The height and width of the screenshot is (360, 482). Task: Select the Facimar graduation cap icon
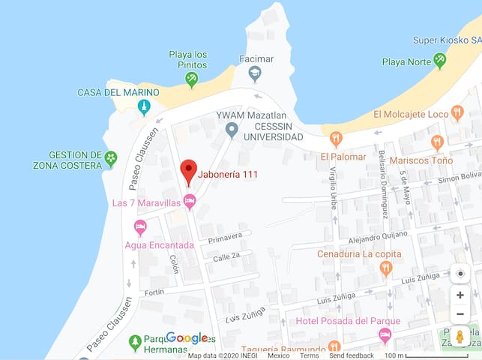(x=255, y=73)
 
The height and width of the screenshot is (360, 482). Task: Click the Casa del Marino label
(x=118, y=92)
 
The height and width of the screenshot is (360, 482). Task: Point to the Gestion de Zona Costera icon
(x=111, y=157)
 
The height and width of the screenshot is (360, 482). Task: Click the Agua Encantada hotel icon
(x=140, y=226)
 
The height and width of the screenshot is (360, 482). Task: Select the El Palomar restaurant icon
(x=336, y=139)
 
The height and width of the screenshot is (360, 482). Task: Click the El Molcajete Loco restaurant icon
(x=457, y=113)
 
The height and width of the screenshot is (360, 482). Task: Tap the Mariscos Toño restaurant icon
(x=438, y=142)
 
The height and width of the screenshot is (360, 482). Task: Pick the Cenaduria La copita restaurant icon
(x=387, y=268)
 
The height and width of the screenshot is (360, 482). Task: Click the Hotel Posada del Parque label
(x=337, y=321)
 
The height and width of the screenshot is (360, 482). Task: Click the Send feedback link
(x=352, y=355)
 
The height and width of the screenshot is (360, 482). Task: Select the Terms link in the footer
(x=310, y=355)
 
